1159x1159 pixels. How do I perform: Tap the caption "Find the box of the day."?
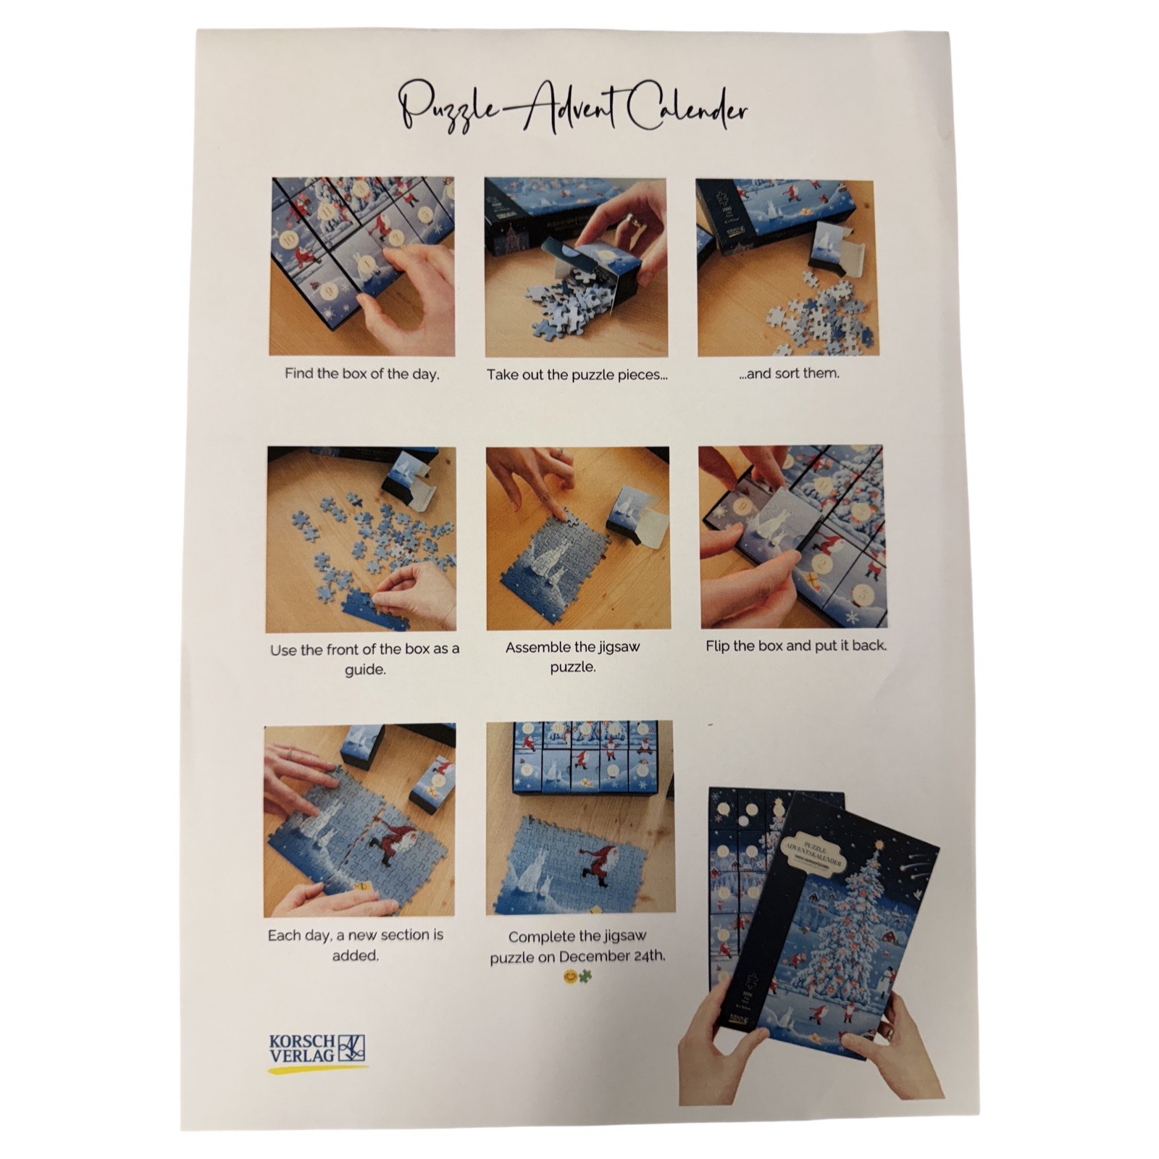tap(362, 375)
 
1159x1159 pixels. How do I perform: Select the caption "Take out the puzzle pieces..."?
tap(577, 375)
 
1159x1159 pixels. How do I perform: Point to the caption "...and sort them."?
tap(789, 374)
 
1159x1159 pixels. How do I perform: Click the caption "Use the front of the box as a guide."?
tap(364, 658)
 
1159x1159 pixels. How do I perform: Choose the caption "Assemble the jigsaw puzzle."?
tap(573, 656)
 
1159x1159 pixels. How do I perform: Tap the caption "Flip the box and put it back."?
tap(796, 645)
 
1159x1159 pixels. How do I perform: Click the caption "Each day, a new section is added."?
tap(355, 945)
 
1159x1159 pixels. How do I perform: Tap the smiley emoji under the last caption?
tap(571, 976)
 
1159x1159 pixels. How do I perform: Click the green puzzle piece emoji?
tap(585, 976)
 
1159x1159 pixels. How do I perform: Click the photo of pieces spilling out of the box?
tap(577, 267)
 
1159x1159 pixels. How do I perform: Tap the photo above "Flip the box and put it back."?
tap(792, 537)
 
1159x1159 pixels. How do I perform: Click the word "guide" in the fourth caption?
tap(364, 669)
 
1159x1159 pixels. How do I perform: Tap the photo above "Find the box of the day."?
tap(362, 267)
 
